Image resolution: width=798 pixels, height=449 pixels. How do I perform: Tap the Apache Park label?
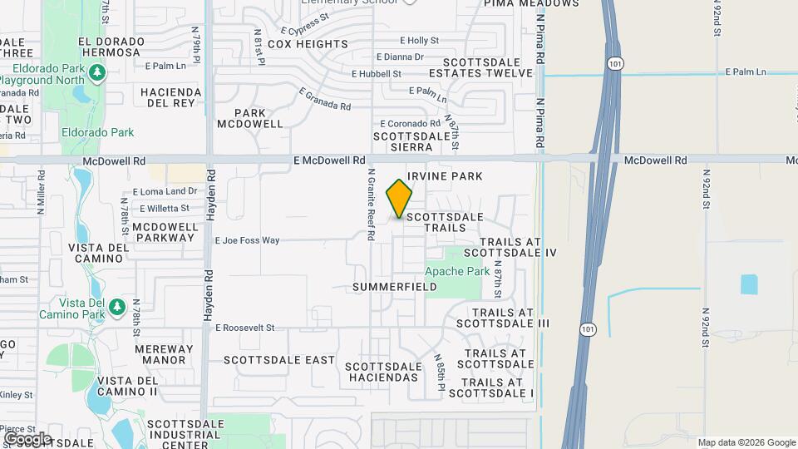457,271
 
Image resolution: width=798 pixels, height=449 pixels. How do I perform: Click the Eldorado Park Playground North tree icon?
98,74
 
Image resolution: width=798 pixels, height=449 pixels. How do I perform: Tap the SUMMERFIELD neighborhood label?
395,287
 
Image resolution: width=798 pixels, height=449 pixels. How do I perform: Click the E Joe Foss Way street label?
247,240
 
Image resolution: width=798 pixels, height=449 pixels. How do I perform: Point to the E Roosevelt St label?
244,328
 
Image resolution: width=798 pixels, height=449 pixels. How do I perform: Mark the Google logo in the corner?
27,438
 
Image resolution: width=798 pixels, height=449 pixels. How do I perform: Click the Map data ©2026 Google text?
746,442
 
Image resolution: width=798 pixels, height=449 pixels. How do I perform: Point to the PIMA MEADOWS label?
539,4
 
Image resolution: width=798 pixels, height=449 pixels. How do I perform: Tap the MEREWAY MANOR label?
164,355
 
